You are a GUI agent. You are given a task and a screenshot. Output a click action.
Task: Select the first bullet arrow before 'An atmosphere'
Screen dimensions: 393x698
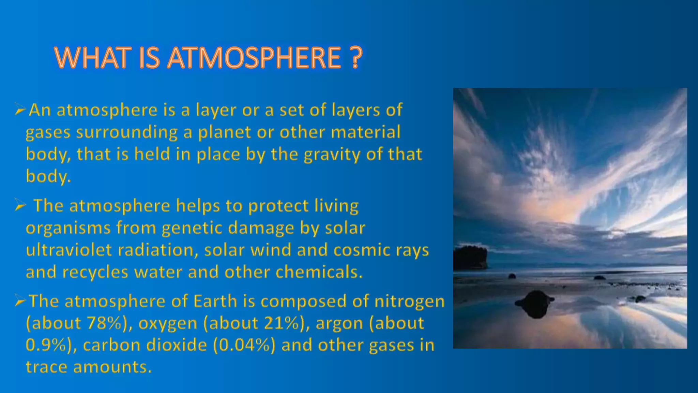click(x=20, y=110)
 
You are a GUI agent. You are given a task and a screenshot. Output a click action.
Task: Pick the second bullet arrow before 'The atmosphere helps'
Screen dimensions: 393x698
click(x=20, y=206)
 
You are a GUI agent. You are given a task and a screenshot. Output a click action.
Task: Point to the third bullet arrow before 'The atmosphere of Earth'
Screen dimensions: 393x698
click(x=20, y=301)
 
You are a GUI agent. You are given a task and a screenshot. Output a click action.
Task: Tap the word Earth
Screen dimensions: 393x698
click(x=215, y=301)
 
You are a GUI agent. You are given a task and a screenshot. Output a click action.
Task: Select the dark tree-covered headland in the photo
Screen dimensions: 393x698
click(x=470, y=257)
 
